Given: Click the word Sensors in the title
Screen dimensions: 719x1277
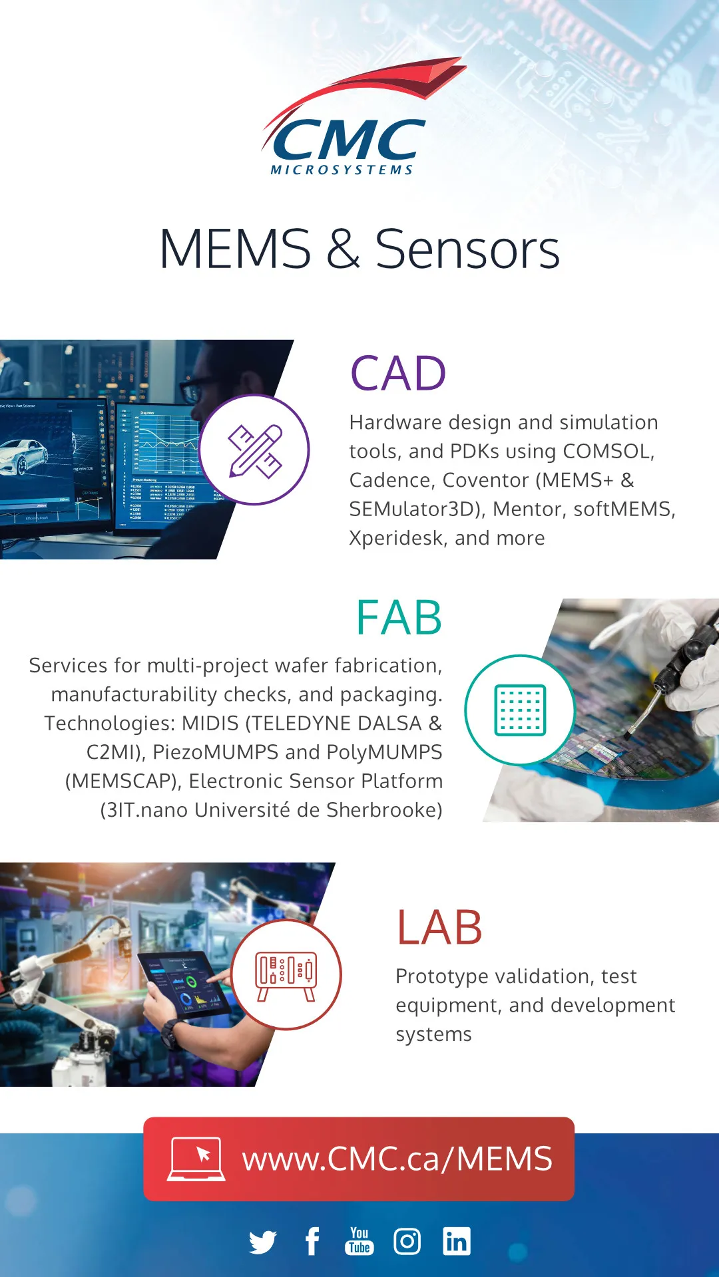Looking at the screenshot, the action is pyautogui.click(x=467, y=249).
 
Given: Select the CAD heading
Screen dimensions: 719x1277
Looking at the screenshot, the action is pyautogui.click(x=398, y=373).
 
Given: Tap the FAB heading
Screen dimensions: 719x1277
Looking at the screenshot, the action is pyautogui.click(x=399, y=618).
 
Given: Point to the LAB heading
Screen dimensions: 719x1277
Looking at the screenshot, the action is pyautogui.click(x=439, y=927).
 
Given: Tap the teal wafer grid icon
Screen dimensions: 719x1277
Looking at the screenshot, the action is pyautogui.click(x=520, y=710).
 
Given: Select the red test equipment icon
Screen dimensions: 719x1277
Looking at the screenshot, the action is pyautogui.click(x=286, y=976).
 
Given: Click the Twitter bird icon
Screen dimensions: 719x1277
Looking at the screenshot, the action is pyautogui.click(x=263, y=1242).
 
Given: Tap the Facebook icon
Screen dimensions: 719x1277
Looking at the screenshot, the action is pyautogui.click(x=312, y=1241).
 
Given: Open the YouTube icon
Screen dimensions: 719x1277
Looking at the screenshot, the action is pyautogui.click(x=359, y=1241).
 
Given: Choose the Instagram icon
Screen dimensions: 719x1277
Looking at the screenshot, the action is pyautogui.click(x=407, y=1241).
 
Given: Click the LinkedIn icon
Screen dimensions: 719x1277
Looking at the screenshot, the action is pyautogui.click(x=457, y=1241).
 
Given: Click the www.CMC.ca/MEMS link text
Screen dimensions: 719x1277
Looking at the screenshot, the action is pyautogui.click(x=397, y=1159).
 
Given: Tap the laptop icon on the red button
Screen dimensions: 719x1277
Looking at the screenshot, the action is pyautogui.click(x=196, y=1159).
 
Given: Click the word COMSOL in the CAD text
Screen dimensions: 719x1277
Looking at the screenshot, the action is pyautogui.click(x=608, y=452).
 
